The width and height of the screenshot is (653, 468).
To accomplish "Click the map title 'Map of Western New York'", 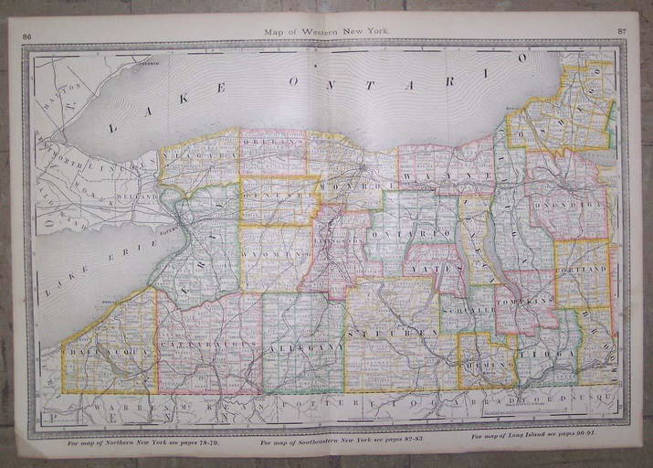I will pos(326,32).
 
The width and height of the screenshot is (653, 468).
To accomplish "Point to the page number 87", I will pos(621,32).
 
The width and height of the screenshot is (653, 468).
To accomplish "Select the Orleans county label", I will pos(273,144).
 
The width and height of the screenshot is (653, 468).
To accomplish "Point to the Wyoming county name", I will pos(279,253).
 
